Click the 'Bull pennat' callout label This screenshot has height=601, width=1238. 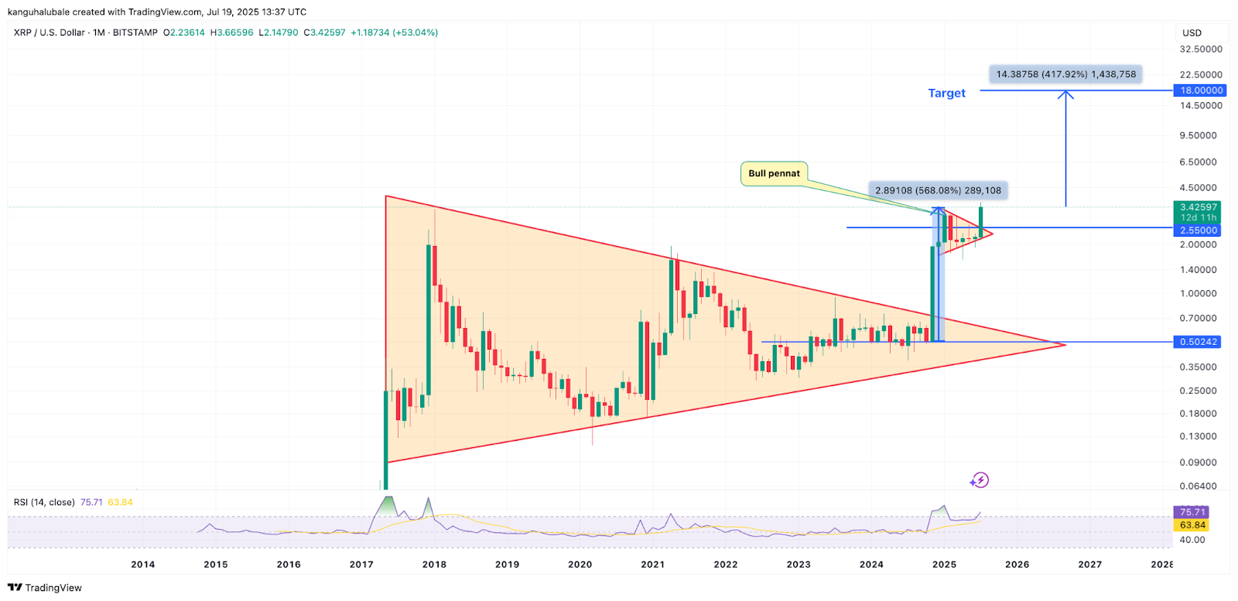click(x=774, y=173)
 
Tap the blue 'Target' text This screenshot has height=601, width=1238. click(x=946, y=93)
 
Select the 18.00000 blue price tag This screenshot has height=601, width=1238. click(x=1201, y=90)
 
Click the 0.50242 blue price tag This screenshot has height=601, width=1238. click(x=1198, y=342)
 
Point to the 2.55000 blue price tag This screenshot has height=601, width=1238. click(x=1198, y=230)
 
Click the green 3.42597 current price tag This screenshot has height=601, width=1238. click(x=1198, y=207)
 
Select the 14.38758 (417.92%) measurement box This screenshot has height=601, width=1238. click(x=1065, y=74)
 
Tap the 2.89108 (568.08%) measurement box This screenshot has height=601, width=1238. click(x=938, y=190)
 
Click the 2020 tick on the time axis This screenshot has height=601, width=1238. click(x=580, y=565)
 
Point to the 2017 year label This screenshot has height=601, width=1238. click(x=361, y=565)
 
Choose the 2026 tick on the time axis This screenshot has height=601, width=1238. click(x=1017, y=565)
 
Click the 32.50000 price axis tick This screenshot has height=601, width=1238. click(x=1201, y=49)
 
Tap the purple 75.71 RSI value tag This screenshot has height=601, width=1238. click(x=1192, y=512)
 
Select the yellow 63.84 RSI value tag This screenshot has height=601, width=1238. click(x=1192, y=525)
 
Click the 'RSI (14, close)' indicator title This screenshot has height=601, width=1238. click(x=44, y=502)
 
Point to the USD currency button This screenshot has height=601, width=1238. click(x=1192, y=32)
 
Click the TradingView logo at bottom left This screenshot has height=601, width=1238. click(x=45, y=588)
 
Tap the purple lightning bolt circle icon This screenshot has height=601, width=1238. click(x=980, y=480)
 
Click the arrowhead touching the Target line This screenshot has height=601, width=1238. click(x=1065, y=94)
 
